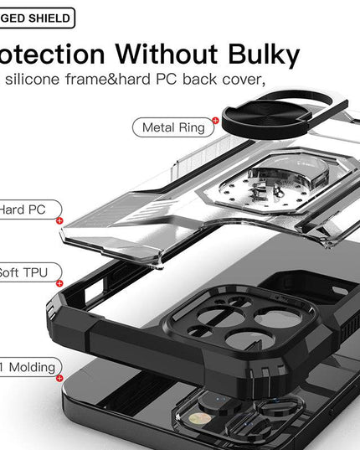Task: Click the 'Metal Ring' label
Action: coord(173,127)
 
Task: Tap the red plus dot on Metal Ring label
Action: coord(215,121)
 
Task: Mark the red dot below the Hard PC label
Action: coord(59,220)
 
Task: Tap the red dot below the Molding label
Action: coord(59,378)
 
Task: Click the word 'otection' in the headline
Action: coord(50,55)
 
